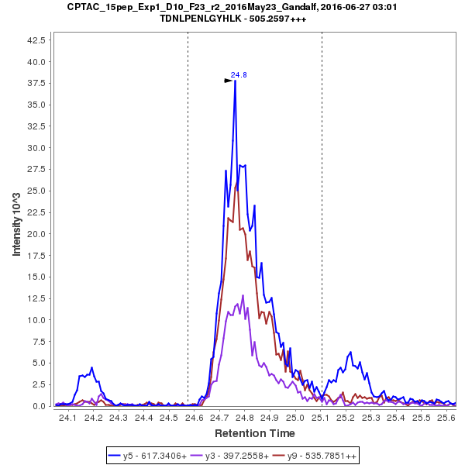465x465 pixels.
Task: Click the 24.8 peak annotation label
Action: [x=239, y=75]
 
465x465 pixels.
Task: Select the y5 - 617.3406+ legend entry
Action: [x=149, y=456]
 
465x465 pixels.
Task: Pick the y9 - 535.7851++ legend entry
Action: [x=318, y=456]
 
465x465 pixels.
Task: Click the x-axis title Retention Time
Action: [x=255, y=432]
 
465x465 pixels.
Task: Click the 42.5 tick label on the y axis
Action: [x=38, y=40]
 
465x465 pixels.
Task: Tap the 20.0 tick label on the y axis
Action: [x=38, y=234]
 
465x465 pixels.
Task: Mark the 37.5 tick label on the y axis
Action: [x=38, y=83]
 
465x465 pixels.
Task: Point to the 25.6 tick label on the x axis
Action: [x=446, y=418]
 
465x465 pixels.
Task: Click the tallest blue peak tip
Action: [x=235, y=81]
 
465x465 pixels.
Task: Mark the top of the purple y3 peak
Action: [x=243, y=295]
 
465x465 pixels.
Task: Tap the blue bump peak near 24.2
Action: [x=91, y=367]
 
